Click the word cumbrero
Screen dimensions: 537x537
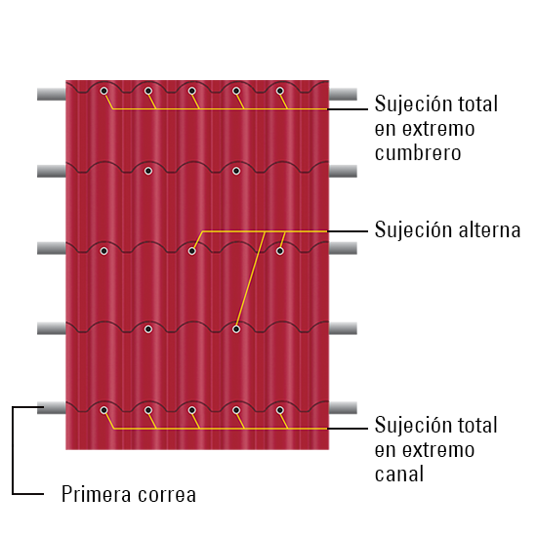coord(418,152)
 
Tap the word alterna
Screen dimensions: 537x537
coord(490,229)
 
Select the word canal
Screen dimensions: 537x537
coord(399,474)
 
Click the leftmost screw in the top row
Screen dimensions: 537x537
coord(104,91)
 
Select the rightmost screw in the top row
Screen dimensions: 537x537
coord(280,91)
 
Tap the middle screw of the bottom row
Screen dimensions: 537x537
coord(192,410)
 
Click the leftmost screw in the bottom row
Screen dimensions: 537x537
coord(104,410)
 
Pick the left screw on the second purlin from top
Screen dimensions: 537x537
coord(148,171)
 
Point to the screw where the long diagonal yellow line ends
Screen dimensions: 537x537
coord(236,329)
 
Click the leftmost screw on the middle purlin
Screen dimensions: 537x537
coord(104,251)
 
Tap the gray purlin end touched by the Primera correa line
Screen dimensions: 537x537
coord(52,408)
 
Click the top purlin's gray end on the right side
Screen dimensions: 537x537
coord(343,94)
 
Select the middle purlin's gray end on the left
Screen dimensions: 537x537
coord(52,248)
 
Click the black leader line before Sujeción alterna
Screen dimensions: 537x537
coord(348,231)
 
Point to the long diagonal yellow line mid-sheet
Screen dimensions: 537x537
coord(250,280)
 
